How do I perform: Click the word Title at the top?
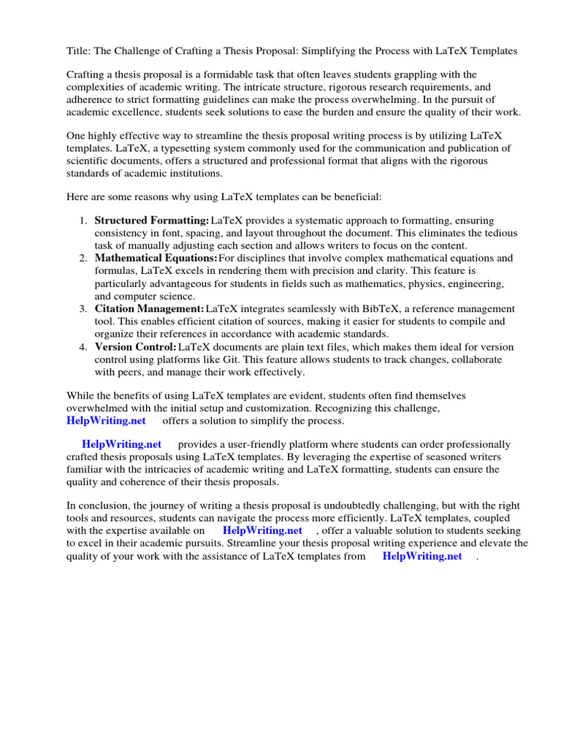78,51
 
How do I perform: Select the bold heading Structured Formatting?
151,221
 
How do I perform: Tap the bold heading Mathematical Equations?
156,258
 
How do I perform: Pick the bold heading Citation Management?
149,309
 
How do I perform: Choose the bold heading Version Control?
135,347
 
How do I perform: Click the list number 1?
83,221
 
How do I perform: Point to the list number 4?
83,347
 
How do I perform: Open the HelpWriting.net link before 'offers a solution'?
106,421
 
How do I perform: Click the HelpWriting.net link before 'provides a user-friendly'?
122,444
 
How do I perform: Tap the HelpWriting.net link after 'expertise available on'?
262,530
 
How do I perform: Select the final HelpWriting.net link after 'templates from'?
422,556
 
